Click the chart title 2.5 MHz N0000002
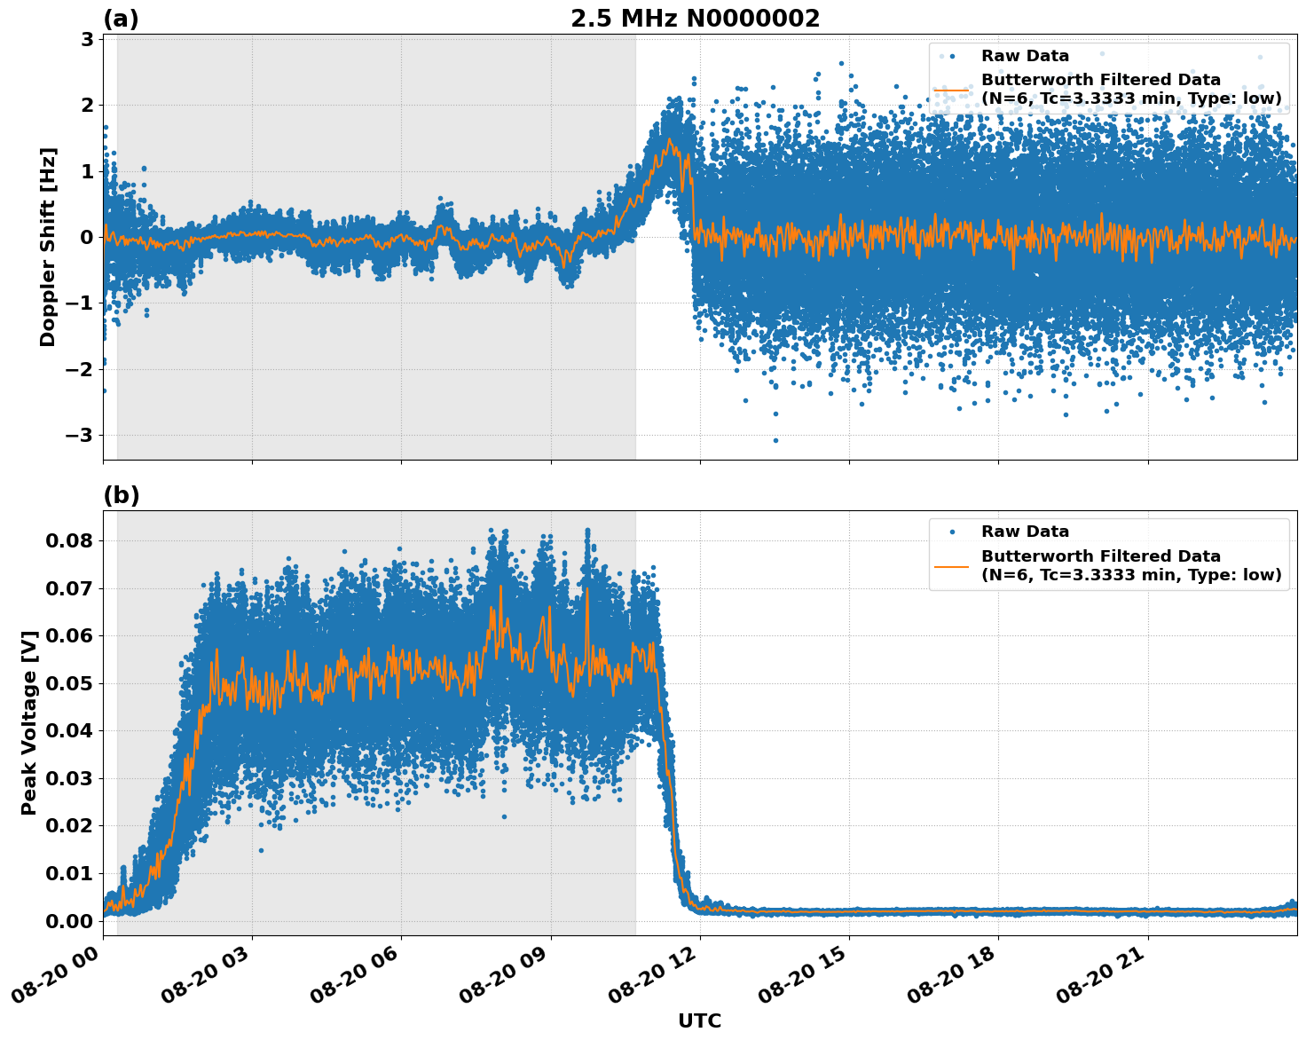tap(695, 19)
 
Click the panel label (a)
tap(121, 19)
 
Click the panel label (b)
tap(121, 495)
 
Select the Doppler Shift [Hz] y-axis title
tap(48, 247)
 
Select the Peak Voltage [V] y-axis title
tap(29, 722)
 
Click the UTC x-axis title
tap(699, 1021)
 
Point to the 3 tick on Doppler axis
tap(87, 39)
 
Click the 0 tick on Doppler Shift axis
tap(87, 237)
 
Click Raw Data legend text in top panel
tap(1025, 56)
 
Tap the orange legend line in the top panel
tap(951, 89)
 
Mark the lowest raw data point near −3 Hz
tap(775, 440)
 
